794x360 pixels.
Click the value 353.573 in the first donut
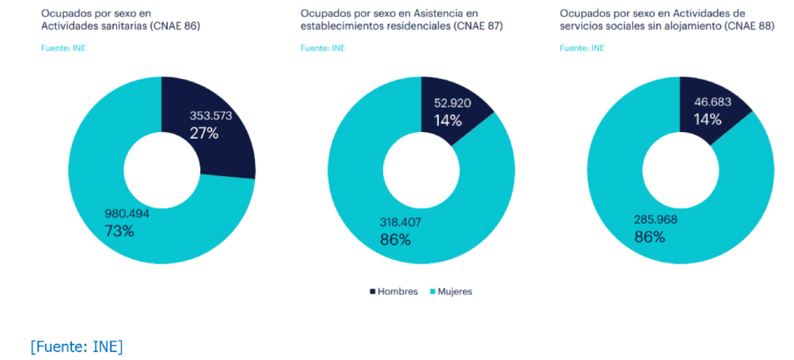pos(211,116)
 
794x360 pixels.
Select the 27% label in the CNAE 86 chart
pos(204,133)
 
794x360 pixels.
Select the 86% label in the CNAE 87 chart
pos(395,239)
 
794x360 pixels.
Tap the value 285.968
pos(655,220)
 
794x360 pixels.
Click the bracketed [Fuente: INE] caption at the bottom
pos(76,346)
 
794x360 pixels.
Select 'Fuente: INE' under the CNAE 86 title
pos(63,48)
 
